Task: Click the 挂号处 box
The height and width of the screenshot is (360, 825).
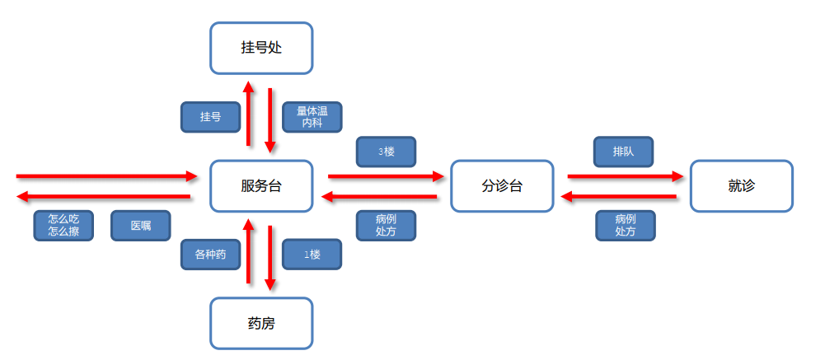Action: tap(261, 48)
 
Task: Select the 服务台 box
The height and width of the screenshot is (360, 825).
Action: tap(261, 185)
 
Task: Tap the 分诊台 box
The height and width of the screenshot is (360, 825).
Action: tap(502, 185)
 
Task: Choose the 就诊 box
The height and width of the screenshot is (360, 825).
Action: tap(741, 185)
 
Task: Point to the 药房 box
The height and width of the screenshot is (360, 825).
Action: tap(261, 323)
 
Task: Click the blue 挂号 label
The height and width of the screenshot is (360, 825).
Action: tap(210, 117)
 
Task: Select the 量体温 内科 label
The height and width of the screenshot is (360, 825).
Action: tap(312, 117)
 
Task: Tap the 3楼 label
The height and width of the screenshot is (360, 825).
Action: tap(386, 152)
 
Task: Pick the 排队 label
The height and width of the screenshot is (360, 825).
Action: tap(623, 152)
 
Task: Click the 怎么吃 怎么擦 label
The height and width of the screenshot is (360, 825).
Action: tap(63, 226)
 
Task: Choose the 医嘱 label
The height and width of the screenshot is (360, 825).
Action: tap(141, 226)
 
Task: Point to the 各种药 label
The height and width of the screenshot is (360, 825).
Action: tap(210, 255)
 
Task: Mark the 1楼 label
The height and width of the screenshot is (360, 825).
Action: tap(312, 255)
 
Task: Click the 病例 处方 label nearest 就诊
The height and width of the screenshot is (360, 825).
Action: tap(625, 226)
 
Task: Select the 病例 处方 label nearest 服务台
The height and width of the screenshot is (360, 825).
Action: tap(386, 226)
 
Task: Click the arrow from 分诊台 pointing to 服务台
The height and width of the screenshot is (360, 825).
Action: tap(379, 196)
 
